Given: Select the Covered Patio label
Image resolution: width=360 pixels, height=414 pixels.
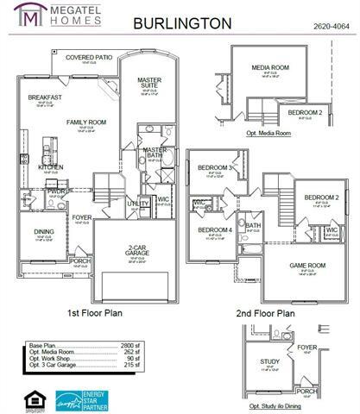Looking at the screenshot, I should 89,58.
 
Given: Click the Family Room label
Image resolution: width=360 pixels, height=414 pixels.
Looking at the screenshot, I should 86,122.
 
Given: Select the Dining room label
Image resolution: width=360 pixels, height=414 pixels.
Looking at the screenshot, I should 44,231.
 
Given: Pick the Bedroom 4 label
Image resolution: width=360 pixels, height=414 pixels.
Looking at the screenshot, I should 216,230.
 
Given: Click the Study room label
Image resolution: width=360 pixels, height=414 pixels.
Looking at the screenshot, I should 271,363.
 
